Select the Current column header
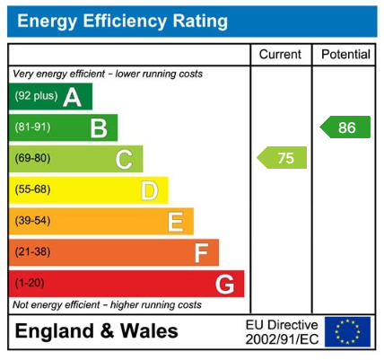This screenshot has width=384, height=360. (x=280, y=55)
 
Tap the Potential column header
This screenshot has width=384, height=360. (x=345, y=55)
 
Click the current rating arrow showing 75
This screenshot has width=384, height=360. (x=283, y=158)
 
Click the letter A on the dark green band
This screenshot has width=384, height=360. (x=72, y=97)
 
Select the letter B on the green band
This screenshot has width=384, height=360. (x=98, y=128)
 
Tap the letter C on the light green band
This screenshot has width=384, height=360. (x=124, y=160)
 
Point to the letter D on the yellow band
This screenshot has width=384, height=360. (x=149, y=190)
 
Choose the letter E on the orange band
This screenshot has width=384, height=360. (x=175, y=222)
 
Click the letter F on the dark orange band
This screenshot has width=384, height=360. (x=201, y=253)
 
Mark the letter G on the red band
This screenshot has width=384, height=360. (x=225, y=285)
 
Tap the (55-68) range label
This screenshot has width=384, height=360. (x=31, y=190)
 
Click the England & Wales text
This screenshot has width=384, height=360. (x=97, y=331)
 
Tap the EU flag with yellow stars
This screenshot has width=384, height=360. (x=347, y=332)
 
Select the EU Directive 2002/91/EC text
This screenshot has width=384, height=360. (x=282, y=332)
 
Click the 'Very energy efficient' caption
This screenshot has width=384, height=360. (x=107, y=74)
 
